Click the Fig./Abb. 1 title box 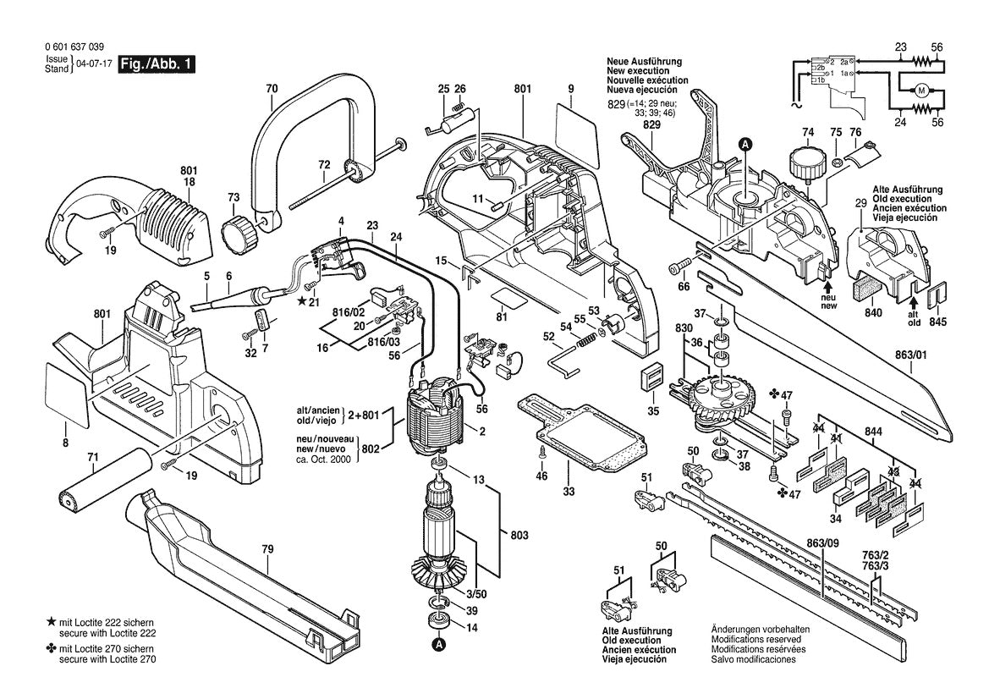(x=157, y=64)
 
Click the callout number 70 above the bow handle (x=271, y=88)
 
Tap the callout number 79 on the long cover (x=266, y=550)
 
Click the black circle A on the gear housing (x=745, y=145)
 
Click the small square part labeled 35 (x=651, y=378)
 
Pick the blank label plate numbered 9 (x=579, y=124)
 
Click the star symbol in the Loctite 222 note (x=51, y=622)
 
